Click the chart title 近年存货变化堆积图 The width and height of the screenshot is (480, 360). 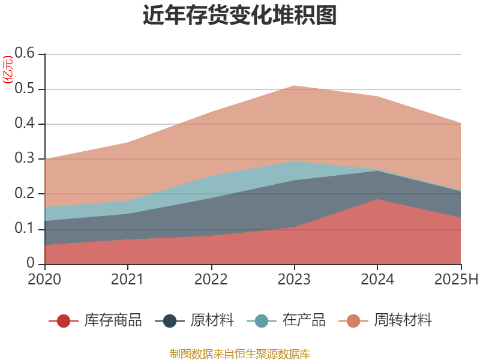(240, 16)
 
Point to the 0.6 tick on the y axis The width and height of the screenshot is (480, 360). (25, 54)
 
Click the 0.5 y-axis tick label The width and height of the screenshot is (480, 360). (25, 89)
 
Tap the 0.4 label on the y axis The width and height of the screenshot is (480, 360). (25, 124)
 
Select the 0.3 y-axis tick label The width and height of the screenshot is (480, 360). (25, 159)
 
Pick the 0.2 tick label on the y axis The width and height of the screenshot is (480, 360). (25, 194)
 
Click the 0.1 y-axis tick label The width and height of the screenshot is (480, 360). (25, 229)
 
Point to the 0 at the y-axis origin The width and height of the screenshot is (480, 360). (32, 264)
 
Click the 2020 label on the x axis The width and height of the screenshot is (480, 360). (44, 279)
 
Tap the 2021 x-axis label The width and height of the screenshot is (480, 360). (128, 279)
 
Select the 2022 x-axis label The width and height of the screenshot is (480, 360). (211, 279)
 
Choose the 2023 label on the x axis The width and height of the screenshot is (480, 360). (294, 279)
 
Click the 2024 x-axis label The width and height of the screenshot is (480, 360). (377, 279)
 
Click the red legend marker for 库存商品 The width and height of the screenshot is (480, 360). (64, 320)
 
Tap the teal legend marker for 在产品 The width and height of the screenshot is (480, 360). (262, 320)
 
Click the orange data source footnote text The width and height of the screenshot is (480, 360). (240, 353)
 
